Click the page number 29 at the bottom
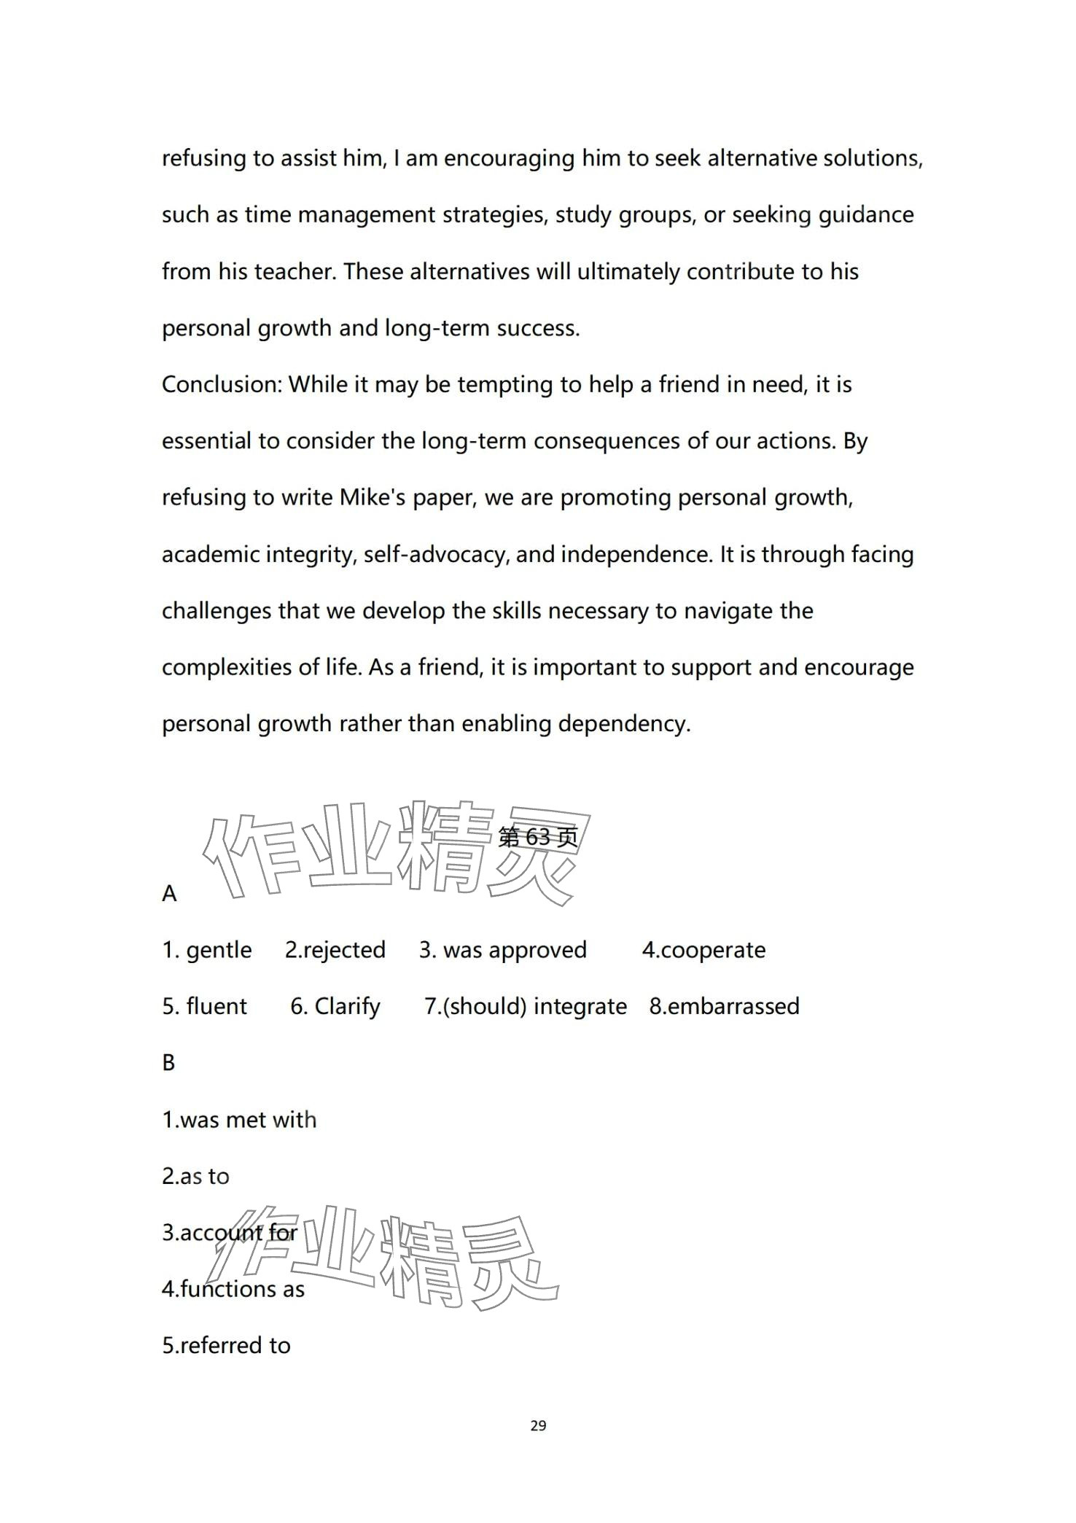538,1425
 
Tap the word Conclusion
221,384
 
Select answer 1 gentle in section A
207,950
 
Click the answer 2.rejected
335,950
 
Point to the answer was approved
503,950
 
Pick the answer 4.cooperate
703,950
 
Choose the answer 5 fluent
205,1006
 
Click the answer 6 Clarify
335,1006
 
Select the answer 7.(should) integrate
526,1006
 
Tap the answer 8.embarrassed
725,1006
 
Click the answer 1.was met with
239,1119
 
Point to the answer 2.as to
195,1176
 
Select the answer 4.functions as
233,1289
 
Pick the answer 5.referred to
226,1345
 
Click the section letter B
168,1063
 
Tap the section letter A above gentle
169,894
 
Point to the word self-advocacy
436,554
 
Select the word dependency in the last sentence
624,723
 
